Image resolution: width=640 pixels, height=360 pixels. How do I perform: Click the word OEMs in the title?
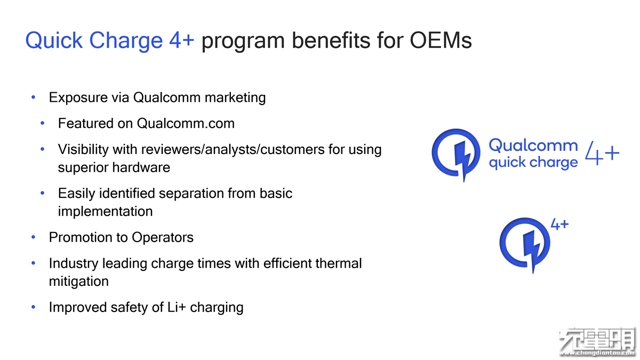pos(441,41)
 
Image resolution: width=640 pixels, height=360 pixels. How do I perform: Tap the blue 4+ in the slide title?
pos(182,41)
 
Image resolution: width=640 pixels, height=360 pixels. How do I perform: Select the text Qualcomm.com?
pos(186,123)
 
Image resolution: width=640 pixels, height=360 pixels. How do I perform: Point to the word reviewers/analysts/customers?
pos(233,149)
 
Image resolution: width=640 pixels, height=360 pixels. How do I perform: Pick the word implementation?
pos(105,212)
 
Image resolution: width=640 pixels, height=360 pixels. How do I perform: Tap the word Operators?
pos(163,238)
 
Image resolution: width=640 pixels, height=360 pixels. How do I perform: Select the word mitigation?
pos(79,282)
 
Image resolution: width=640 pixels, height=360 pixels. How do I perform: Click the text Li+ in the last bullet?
pos(177,307)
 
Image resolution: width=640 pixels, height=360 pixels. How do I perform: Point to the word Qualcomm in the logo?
pos(533,146)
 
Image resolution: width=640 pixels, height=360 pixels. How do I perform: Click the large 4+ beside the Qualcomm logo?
pos(602,153)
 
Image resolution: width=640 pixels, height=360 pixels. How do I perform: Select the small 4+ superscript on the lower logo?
pos(559,225)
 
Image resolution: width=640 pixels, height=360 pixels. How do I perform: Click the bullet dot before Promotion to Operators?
pos(34,237)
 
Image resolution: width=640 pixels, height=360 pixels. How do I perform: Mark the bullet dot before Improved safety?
pos(34,307)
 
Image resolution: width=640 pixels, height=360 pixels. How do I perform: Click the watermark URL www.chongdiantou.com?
pos(598,354)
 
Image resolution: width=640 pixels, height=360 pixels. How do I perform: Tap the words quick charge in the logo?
pos(533,163)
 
